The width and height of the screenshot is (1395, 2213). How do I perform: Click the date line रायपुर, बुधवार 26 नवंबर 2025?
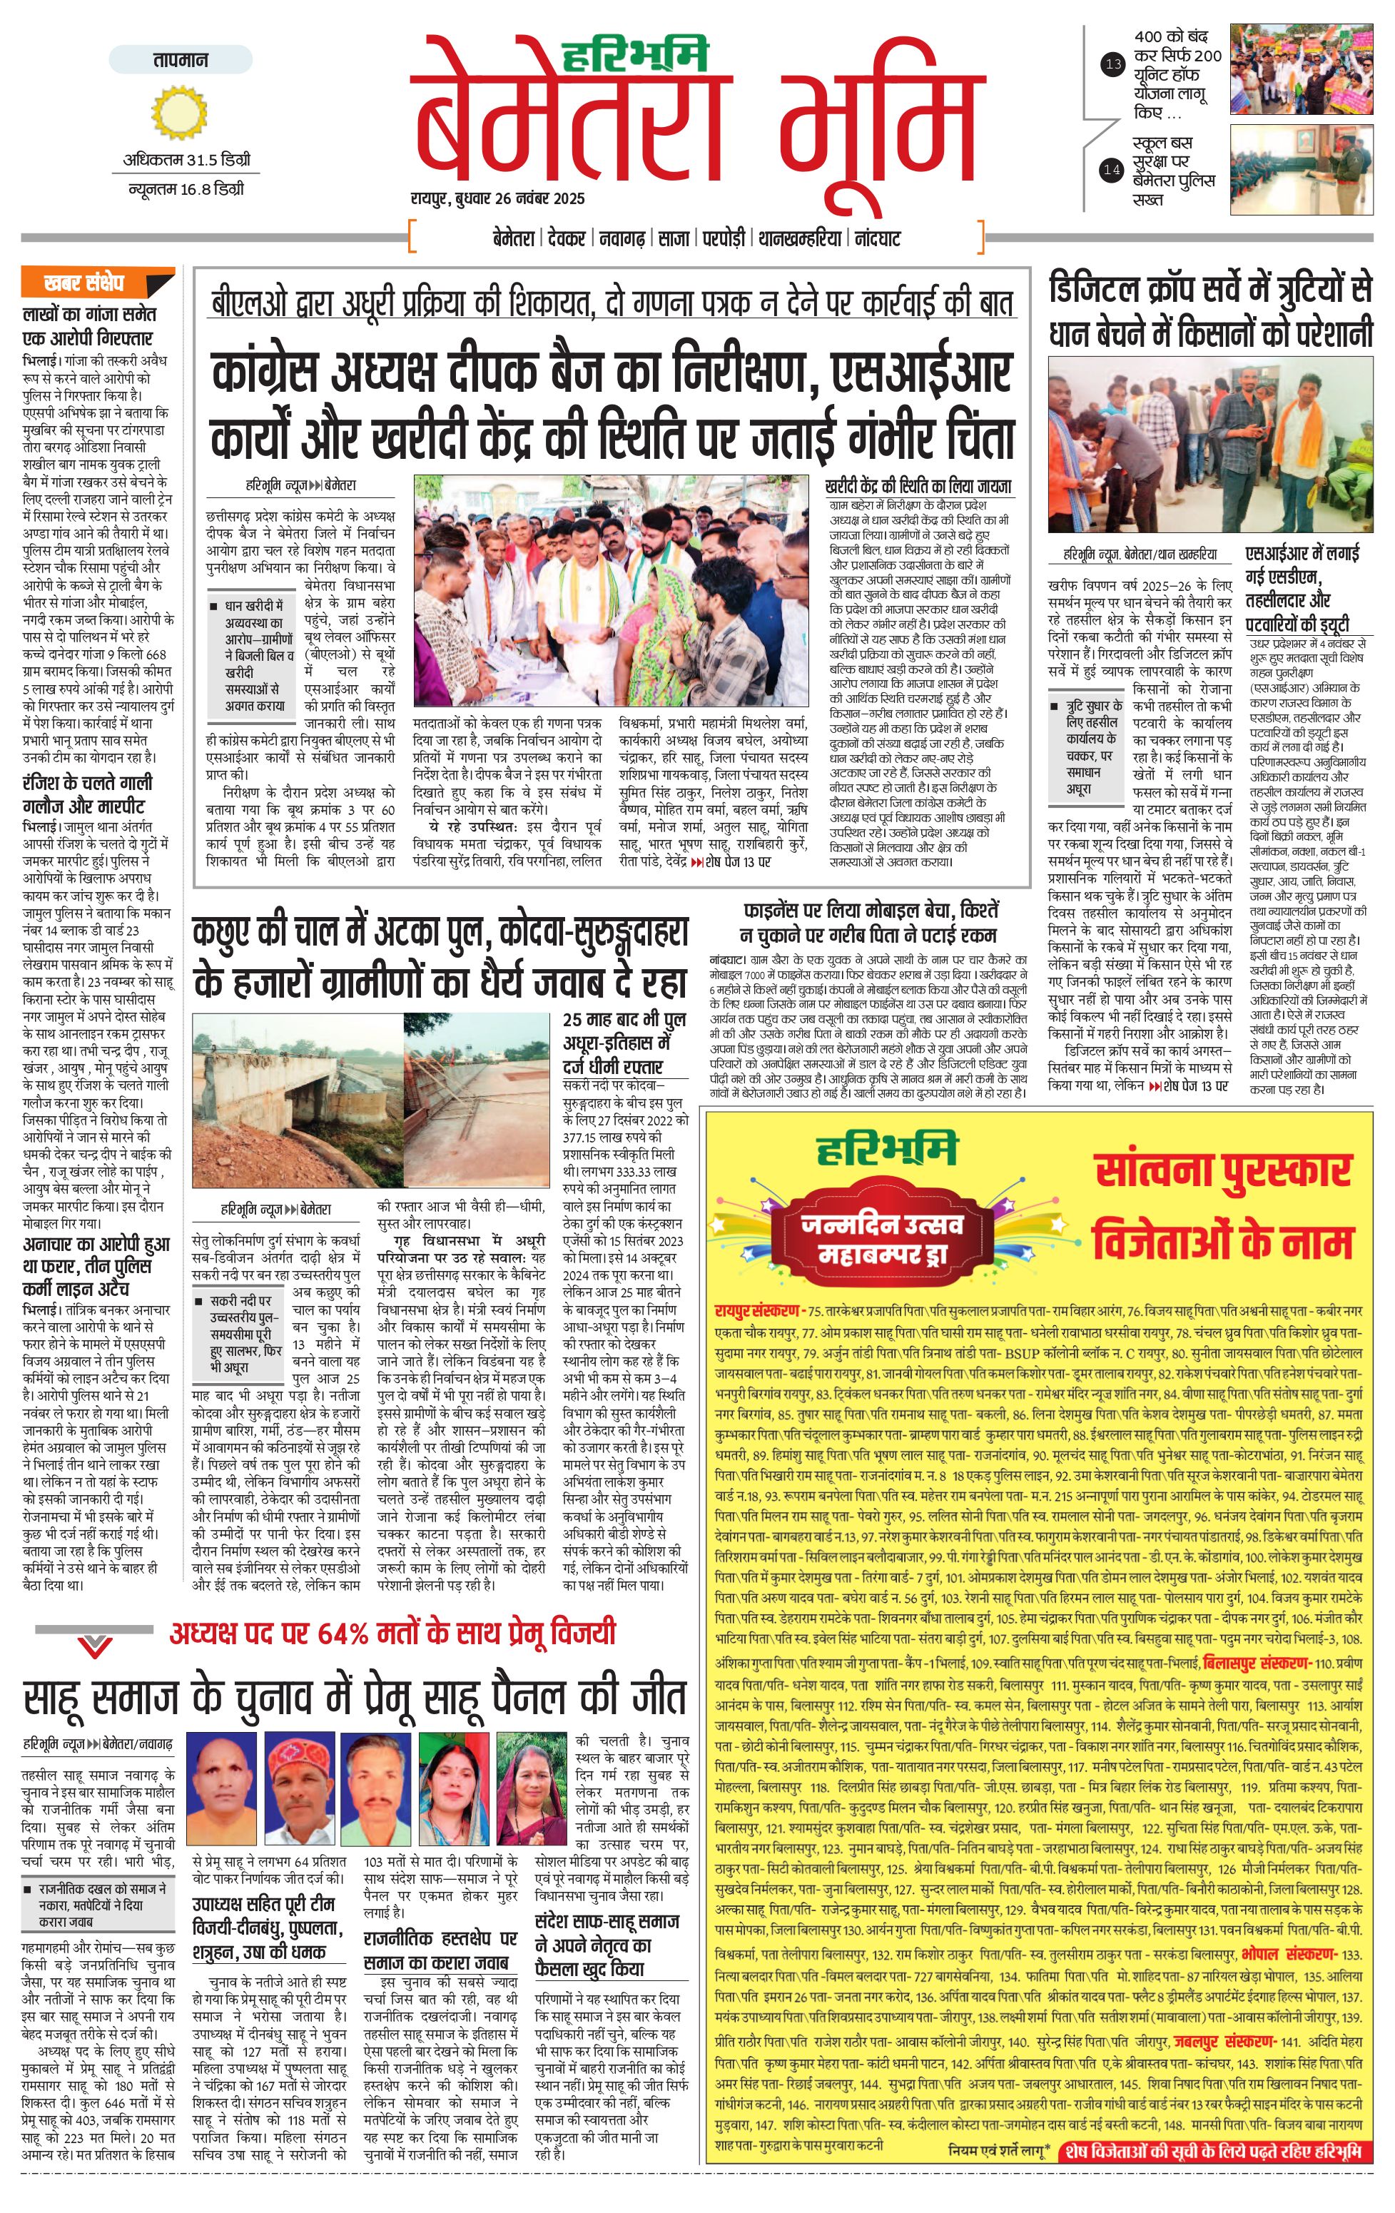pyautogui.click(x=497, y=198)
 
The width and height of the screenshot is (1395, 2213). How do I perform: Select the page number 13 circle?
pyautogui.click(x=1113, y=64)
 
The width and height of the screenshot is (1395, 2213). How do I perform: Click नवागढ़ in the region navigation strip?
pyautogui.click(x=622, y=238)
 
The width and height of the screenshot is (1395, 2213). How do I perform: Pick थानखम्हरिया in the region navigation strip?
pyautogui.click(x=799, y=238)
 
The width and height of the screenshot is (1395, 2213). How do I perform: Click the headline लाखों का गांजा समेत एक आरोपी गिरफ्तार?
pyautogui.click(x=88, y=326)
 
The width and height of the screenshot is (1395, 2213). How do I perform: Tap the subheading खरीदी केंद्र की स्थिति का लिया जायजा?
pyautogui.click(x=918, y=486)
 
